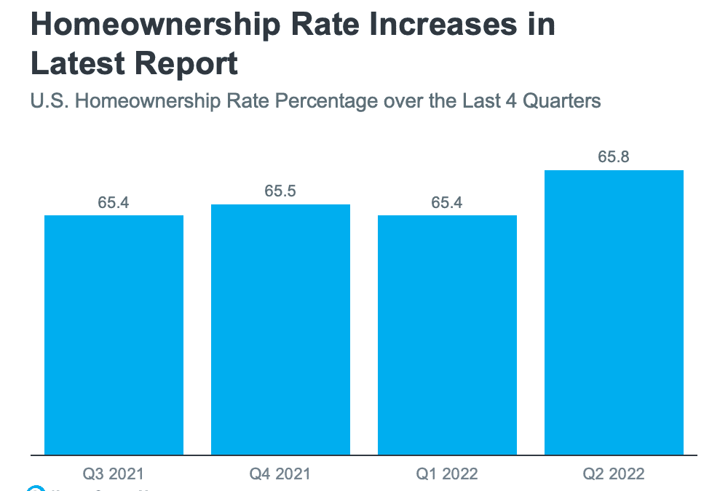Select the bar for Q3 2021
(x=114, y=335)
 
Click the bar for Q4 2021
(x=280, y=330)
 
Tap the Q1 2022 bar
(x=447, y=335)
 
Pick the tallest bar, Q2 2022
(x=614, y=313)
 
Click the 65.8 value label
(x=614, y=156)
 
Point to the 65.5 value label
(x=280, y=191)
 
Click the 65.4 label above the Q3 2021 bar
(x=114, y=202)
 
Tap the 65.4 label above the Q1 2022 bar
(x=447, y=202)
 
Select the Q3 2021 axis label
(x=114, y=474)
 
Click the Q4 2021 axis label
(x=280, y=474)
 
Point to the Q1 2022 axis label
(x=447, y=474)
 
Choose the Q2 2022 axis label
(x=614, y=474)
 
